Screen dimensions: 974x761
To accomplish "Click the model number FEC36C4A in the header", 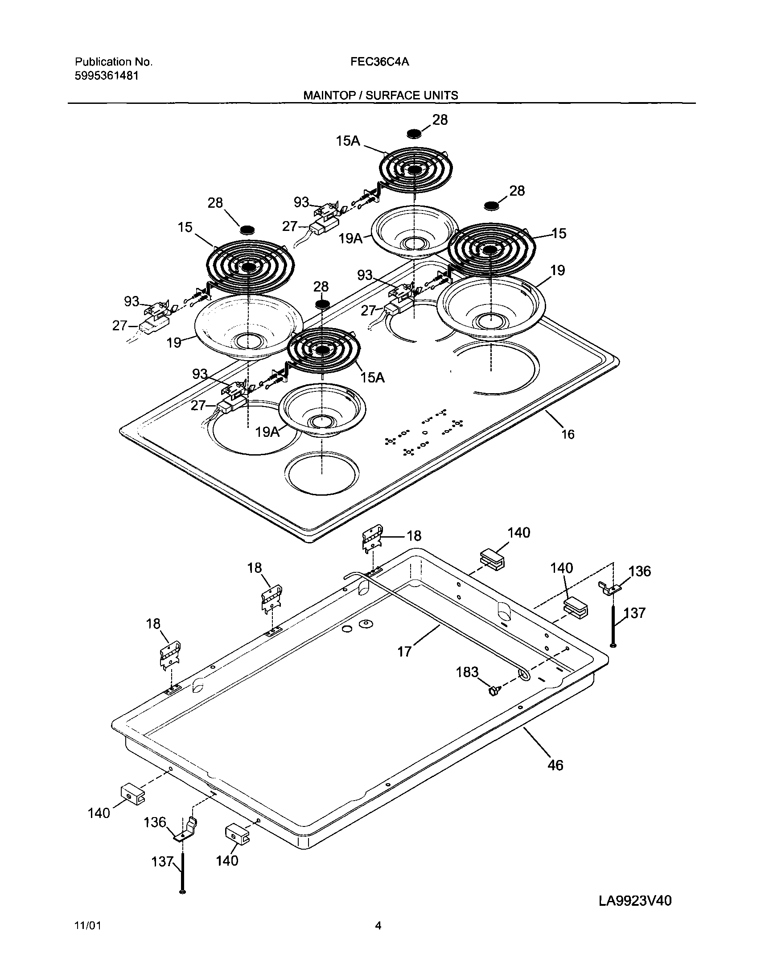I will (379, 62).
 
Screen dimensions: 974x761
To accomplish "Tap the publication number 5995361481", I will (106, 76).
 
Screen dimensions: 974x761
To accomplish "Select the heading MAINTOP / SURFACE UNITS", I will (381, 95).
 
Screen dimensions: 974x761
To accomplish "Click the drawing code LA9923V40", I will (635, 901).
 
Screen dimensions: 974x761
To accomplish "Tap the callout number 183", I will (467, 672).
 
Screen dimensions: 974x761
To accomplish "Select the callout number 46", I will (555, 765).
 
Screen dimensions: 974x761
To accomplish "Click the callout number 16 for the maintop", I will (568, 434).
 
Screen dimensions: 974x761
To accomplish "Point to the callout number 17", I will (404, 652).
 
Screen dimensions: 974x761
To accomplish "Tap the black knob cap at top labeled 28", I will (415, 133).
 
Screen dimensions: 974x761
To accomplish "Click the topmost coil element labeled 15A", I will (416, 170).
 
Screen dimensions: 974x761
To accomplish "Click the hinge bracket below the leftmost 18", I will (170, 655).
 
